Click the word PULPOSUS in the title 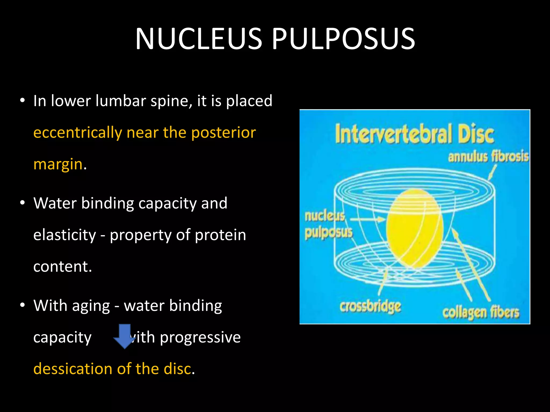point(344,39)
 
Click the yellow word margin point(58,164)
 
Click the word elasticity point(64,235)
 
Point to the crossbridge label point(370,306)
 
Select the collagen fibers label point(481,312)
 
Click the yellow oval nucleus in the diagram point(414,228)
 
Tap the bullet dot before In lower point(23,101)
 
